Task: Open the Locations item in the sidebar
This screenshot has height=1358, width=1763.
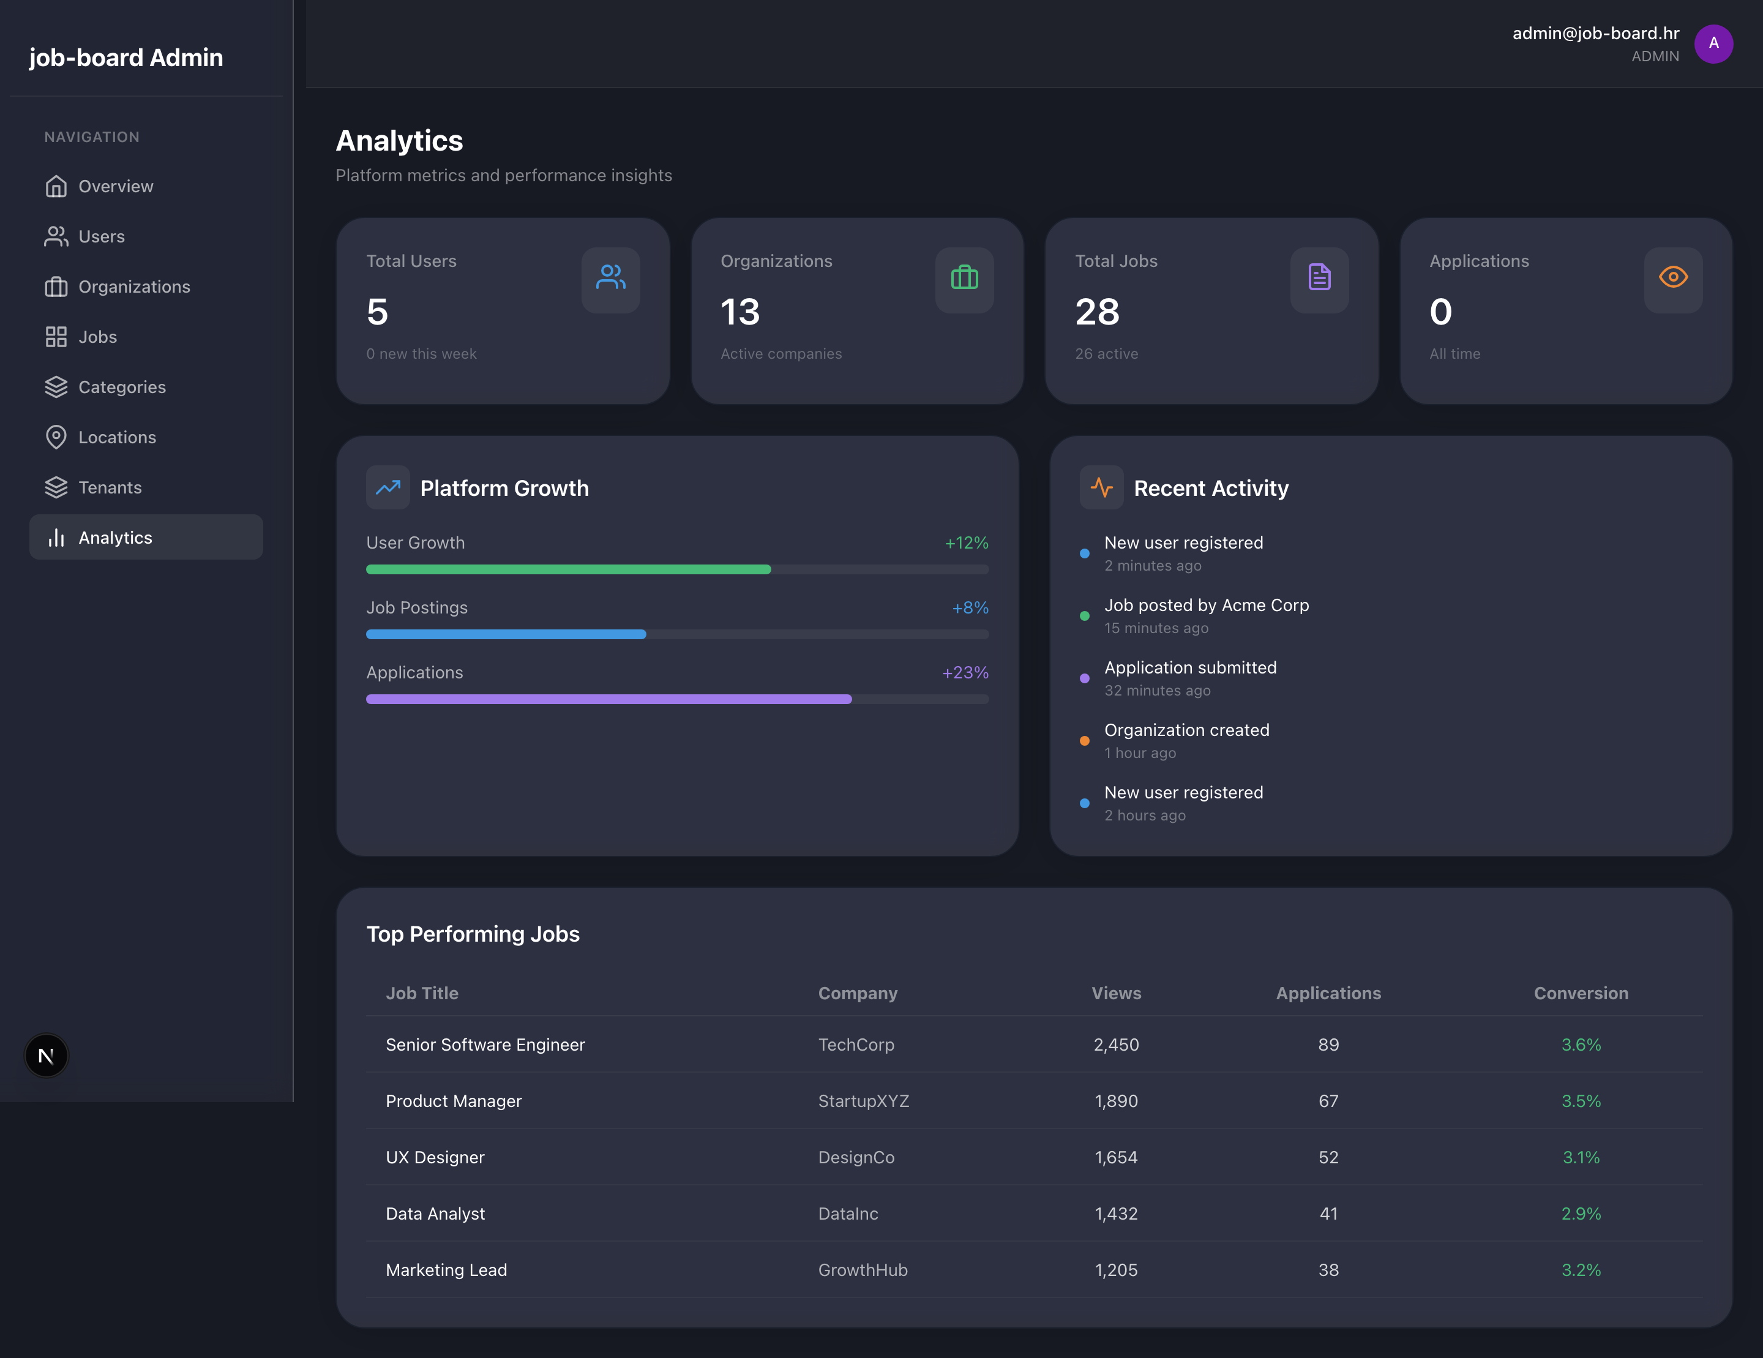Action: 116,438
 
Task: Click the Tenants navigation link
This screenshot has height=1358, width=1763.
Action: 109,487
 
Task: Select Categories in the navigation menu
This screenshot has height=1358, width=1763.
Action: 121,388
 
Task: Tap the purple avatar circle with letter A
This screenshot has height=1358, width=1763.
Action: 1713,43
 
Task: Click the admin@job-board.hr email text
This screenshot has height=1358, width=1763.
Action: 1595,33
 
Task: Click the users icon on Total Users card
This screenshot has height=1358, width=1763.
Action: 610,279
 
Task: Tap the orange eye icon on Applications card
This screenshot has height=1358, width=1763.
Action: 1672,278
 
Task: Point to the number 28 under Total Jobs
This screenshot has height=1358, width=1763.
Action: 1097,312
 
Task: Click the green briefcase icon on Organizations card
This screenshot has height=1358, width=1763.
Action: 964,279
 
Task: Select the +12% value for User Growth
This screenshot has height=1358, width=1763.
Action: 966,542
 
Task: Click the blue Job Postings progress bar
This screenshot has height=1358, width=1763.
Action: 506,634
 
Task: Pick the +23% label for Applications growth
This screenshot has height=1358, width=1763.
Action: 965,672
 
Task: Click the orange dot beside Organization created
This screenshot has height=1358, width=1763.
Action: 1084,741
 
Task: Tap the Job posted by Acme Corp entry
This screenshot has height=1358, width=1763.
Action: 1206,606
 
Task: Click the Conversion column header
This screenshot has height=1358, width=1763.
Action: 1581,993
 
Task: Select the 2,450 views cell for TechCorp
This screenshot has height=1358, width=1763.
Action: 1115,1045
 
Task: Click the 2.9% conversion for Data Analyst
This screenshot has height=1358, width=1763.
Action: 1581,1214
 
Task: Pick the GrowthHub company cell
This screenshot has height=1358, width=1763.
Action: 862,1270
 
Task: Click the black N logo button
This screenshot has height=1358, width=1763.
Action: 46,1055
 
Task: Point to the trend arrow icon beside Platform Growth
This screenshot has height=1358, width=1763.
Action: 387,487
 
